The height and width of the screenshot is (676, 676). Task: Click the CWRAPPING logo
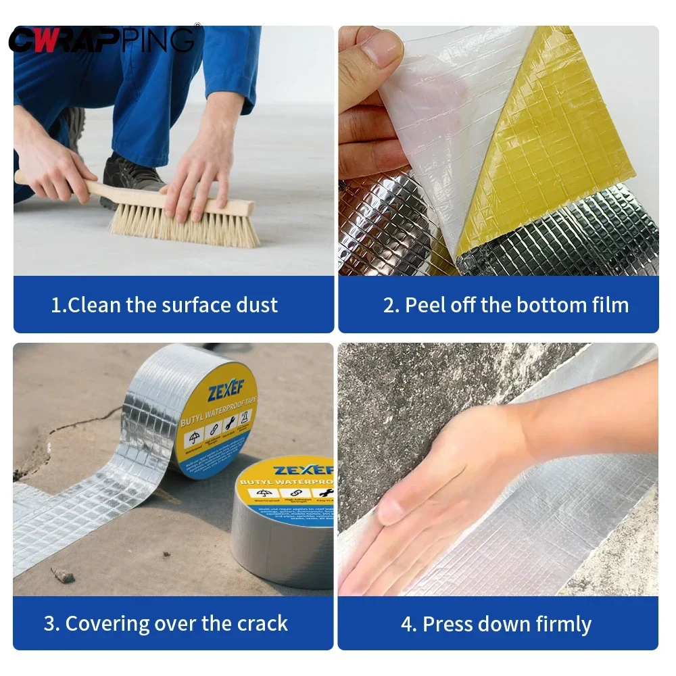(x=101, y=39)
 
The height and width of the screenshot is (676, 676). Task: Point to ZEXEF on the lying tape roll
(x=304, y=468)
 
